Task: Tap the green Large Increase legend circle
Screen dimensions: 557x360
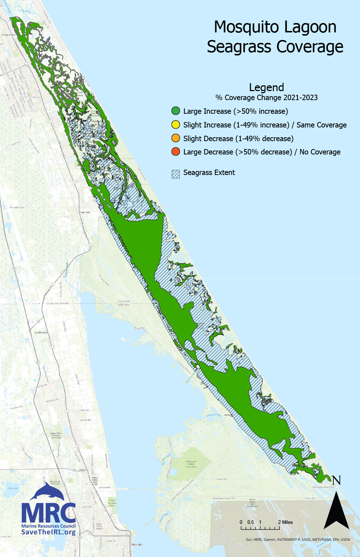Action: pyautogui.click(x=176, y=111)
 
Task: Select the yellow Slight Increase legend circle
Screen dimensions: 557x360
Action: pyautogui.click(x=176, y=125)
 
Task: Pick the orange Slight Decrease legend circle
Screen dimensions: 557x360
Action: pyautogui.click(x=176, y=138)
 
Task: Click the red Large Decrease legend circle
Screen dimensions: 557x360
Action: pyautogui.click(x=176, y=152)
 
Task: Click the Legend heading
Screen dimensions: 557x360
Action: pyautogui.click(x=266, y=87)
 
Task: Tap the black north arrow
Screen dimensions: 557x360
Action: pyautogui.click(x=336, y=511)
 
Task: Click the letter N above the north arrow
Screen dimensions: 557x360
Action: pyautogui.click(x=336, y=480)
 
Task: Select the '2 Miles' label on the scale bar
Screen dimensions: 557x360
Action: pyautogui.click(x=285, y=522)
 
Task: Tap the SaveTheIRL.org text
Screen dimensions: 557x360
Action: pyautogui.click(x=49, y=532)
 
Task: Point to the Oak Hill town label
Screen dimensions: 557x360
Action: pyautogui.click(x=85, y=212)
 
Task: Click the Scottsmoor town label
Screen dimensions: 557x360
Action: pyautogui.click(x=41, y=332)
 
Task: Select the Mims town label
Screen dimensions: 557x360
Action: pyautogui.click(x=82, y=470)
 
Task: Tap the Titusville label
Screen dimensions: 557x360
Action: pyautogui.click(x=137, y=544)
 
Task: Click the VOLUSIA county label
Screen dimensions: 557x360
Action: pyautogui.click(x=124, y=301)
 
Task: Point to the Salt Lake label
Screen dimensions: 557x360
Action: pyautogui.click(x=13, y=488)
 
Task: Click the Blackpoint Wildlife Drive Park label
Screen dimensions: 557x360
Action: pyautogui.click(x=191, y=464)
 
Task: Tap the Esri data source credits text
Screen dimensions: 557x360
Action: pyautogui.click(x=298, y=539)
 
